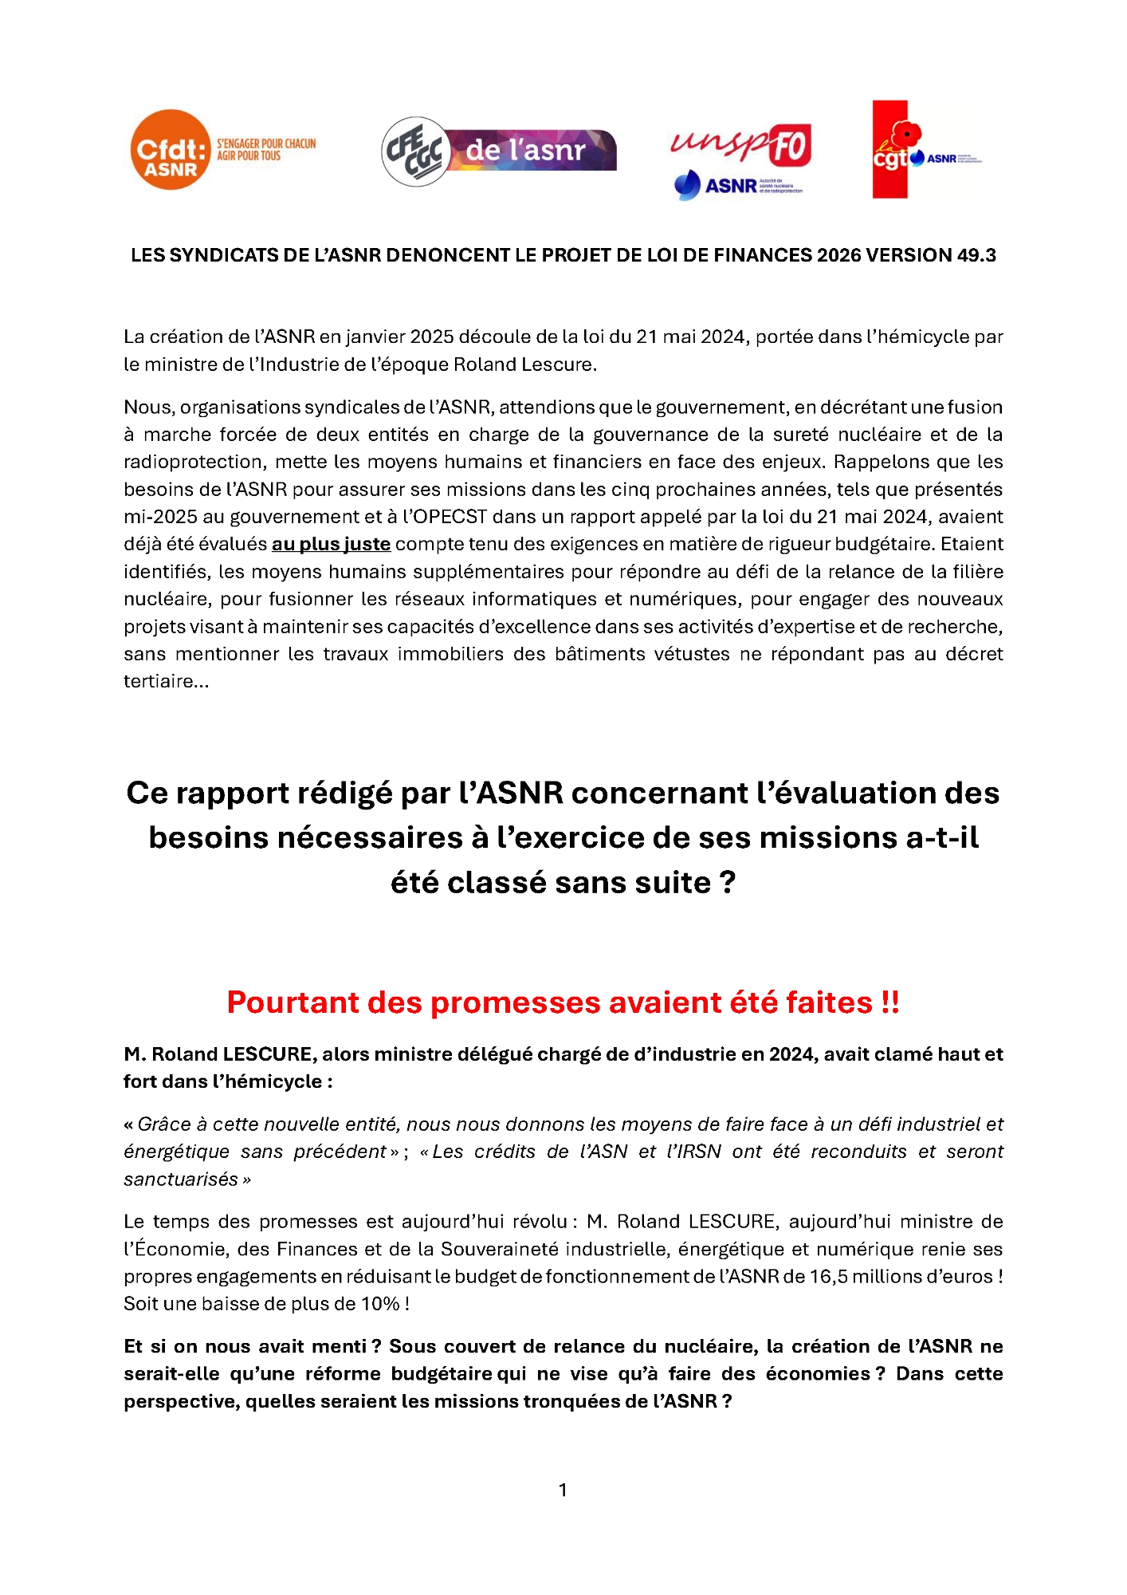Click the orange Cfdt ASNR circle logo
pos(170,150)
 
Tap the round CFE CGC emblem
pos(416,151)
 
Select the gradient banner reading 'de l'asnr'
pos(530,150)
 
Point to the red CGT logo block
pos(890,150)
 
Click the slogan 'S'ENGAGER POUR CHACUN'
pos(266,144)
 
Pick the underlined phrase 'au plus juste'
pos(331,544)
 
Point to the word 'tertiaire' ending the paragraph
pos(159,681)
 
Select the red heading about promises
pos(563,1002)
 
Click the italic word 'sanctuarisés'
pos(181,1179)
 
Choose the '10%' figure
pos(380,1303)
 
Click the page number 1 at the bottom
pos(563,1490)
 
